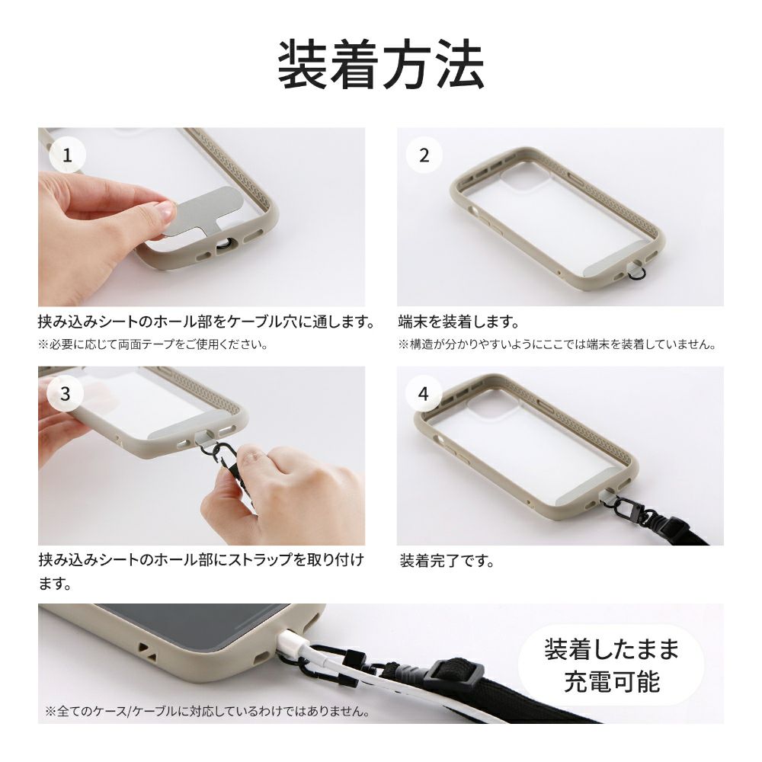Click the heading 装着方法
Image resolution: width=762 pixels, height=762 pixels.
tap(381, 65)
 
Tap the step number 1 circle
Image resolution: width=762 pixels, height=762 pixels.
tap(68, 155)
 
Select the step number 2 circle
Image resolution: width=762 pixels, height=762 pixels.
tap(424, 155)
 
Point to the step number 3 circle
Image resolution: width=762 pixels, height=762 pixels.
tap(66, 394)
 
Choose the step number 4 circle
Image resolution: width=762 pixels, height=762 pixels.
tap(424, 394)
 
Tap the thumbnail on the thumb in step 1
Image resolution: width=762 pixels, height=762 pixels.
tap(166, 210)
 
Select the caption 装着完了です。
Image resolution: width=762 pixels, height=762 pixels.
tap(447, 561)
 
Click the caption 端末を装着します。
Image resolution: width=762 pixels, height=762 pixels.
tap(459, 322)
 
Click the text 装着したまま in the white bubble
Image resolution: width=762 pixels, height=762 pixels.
tap(611, 650)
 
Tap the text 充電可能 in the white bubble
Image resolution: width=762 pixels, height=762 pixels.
tap(612, 682)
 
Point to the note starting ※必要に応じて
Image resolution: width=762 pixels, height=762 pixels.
tap(153, 344)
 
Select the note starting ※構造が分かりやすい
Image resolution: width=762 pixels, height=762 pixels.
tap(559, 344)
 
